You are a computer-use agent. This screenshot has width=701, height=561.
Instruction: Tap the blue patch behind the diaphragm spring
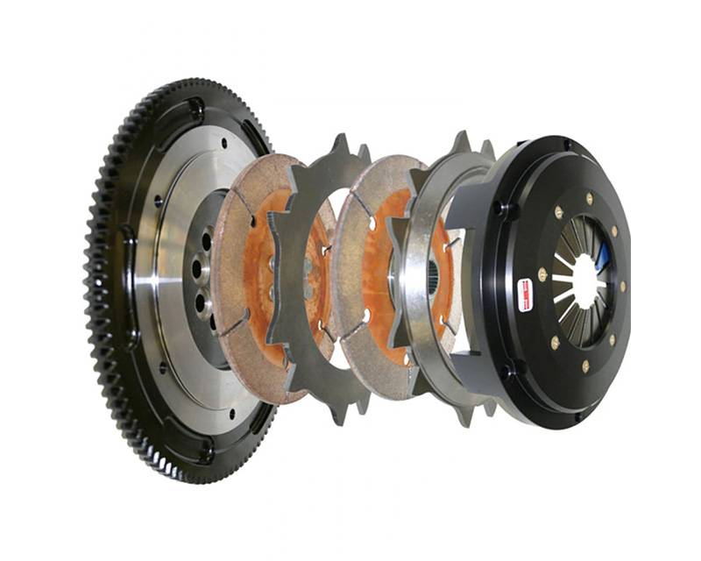tap(603, 257)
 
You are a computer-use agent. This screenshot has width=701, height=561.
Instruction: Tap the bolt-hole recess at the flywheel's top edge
tap(195, 111)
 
